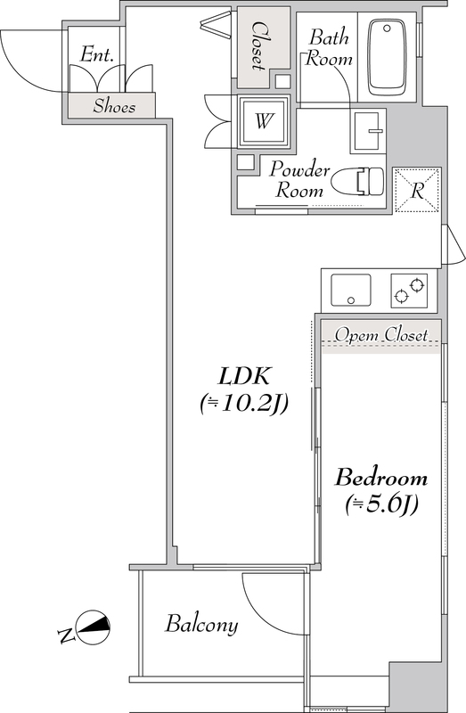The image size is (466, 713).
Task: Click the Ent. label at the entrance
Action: [x=96, y=55]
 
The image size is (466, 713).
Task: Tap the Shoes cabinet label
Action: [x=114, y=106]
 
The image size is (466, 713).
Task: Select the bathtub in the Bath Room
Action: [x=387, y=57]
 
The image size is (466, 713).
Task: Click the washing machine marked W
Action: [x=264, y=121]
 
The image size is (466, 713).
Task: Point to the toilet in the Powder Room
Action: [x=358, y=183]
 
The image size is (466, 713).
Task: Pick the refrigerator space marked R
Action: [x=417, y=190]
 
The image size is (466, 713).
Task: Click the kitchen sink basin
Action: [x=350, y=291]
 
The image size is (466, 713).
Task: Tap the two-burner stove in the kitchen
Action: [x=409, y=291]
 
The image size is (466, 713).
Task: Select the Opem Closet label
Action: [x=381, y=335]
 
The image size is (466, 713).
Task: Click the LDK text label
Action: [x=245, y=377]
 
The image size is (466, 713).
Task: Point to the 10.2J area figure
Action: [x=243, y=404]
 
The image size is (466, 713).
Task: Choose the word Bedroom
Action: [x=381, y=478]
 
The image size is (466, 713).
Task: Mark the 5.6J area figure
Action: [x=381, y=504]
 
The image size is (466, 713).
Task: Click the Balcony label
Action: [x=201, y=625]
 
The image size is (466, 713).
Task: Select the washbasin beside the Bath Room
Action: [x=368, y=131]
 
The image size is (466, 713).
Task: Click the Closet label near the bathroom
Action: [x=258, y=46]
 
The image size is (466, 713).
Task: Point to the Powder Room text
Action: [x=299, y=180]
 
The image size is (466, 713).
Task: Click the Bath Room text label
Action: [x=329, y=48]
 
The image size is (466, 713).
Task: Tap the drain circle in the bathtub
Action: [x=387, y=29]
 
